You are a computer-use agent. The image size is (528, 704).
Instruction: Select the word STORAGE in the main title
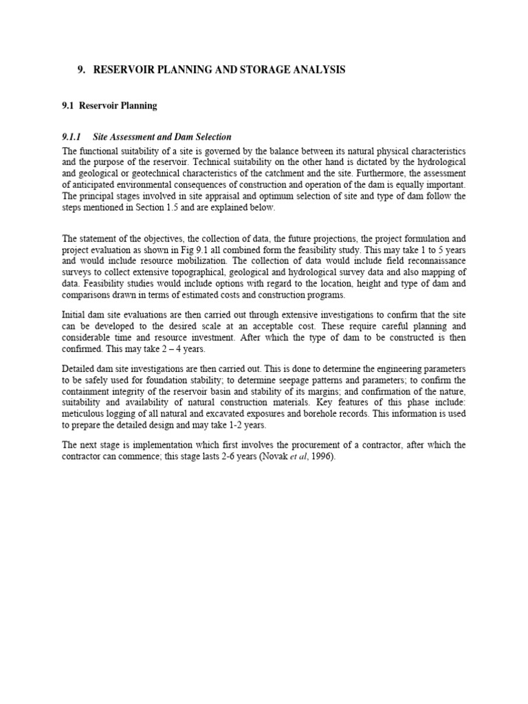click(x=262, y=70)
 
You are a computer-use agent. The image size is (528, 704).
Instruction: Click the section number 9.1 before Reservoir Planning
click(x=69, y=106)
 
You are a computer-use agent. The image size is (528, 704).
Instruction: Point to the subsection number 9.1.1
click(x=72, y=137)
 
